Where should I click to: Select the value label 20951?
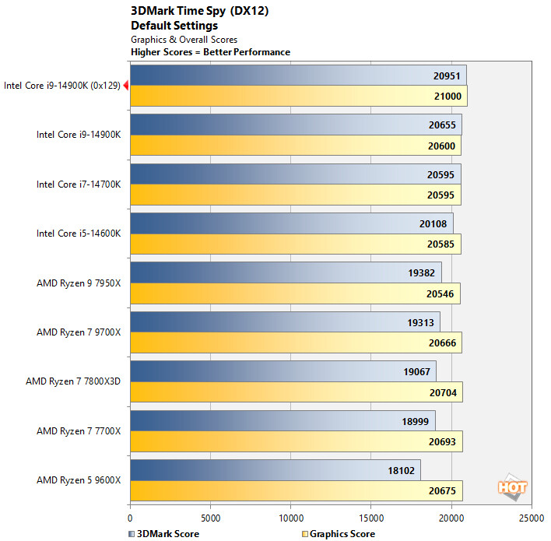pos(448,76)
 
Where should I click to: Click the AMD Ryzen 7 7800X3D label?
pos(73,381)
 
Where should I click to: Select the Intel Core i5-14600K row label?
pos(79,234)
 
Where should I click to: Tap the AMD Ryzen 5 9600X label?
pos(79,480)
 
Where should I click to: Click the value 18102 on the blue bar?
pos(403,470)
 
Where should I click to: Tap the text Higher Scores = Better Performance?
pos(210,52)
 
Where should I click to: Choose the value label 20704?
pos(444,392)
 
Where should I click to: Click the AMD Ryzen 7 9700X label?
pos(79,332)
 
